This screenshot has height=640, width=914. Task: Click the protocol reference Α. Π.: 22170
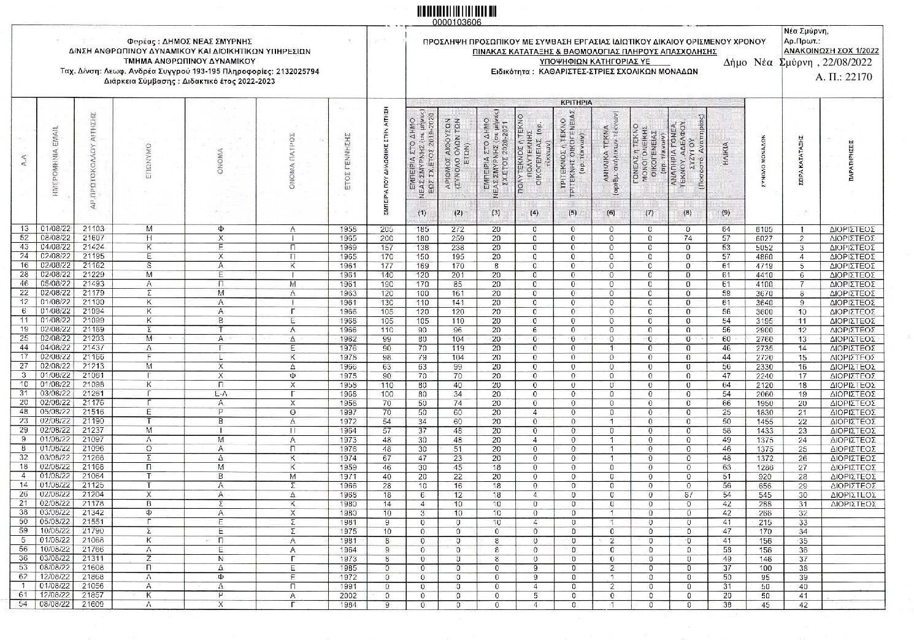click(x=843, y=77)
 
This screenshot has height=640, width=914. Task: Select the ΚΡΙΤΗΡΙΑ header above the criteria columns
click(x=576, y=102)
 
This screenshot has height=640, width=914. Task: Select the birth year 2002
click(x=348, y=595)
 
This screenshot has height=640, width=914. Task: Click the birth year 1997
click(x=348, y=413)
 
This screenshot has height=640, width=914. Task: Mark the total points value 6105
click(x=764, y=230)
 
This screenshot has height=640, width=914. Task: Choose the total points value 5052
click(x=764, y=248)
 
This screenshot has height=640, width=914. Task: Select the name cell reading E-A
click(x=221, y=394)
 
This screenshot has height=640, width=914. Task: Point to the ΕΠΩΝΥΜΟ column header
click(x=149, y=159)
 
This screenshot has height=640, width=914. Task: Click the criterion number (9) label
click(x=726, y=213)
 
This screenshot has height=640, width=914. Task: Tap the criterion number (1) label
click(x=422, y=213)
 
